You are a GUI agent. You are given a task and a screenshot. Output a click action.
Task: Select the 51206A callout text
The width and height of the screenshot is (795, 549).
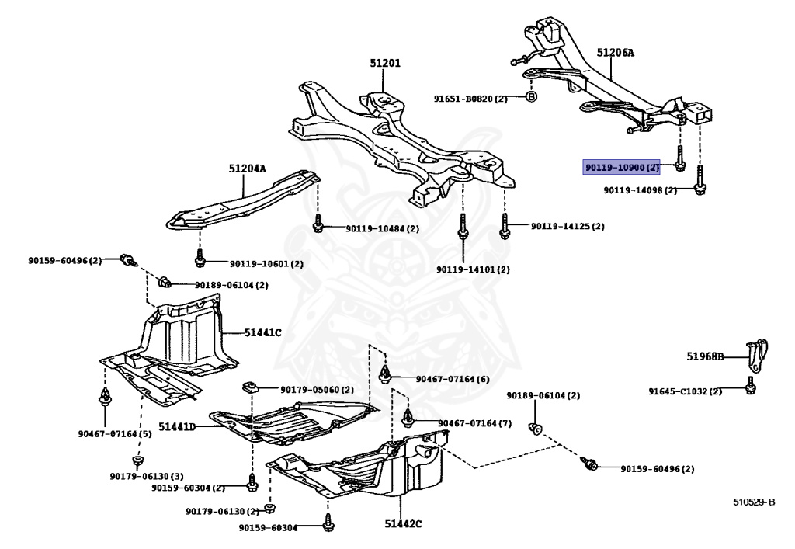coord(615,53)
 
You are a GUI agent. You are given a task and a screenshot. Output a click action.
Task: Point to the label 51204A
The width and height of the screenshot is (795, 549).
coord(247,169)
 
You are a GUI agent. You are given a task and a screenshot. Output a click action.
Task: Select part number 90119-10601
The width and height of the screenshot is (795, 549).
coord(255,264)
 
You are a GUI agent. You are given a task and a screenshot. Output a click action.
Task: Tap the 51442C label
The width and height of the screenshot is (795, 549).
coord(402,524)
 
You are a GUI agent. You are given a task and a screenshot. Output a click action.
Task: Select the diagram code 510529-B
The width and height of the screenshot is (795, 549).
coord(754,502)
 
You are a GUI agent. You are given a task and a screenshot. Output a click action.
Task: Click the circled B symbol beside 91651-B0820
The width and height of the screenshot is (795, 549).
coord(532,97)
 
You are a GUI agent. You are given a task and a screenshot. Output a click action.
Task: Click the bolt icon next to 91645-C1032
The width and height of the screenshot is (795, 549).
coord(750,388)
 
